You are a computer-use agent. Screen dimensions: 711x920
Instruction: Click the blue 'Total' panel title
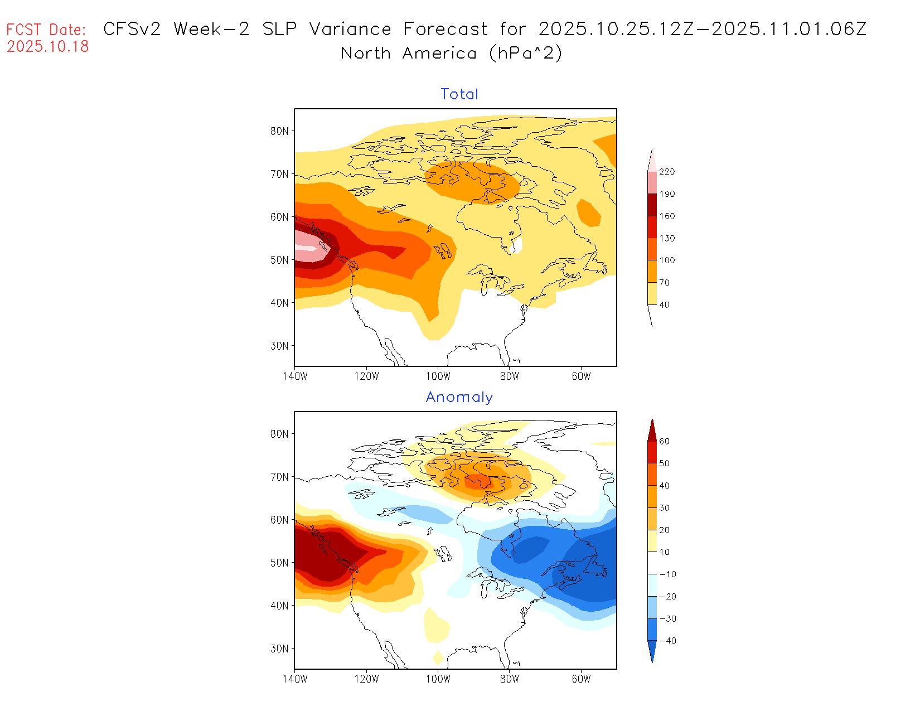pos(459,94)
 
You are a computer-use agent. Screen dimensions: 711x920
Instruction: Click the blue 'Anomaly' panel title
pos(459,397)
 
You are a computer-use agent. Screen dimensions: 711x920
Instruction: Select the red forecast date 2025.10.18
pos(48,47)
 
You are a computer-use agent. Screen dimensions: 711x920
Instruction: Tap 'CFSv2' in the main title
pos(132,29)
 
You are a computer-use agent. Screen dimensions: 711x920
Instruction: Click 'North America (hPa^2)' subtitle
pos(452,54)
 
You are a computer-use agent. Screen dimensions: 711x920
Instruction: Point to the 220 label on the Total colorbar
pos(667,172)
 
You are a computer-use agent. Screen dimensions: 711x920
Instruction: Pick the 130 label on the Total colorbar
pos(667,238)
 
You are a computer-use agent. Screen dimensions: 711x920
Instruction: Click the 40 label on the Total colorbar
pos(664,304)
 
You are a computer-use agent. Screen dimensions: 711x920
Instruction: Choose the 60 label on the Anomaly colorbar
pos(664,441)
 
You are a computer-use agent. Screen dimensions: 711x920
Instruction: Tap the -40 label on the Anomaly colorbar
pos(667,641)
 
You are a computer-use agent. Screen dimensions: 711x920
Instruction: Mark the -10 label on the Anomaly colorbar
pos(667,574)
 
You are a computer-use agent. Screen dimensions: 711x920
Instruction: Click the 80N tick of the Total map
pos(279,131)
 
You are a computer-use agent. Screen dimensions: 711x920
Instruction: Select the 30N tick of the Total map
pos(279,346)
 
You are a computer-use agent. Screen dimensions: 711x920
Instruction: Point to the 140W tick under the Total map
pos(295,376)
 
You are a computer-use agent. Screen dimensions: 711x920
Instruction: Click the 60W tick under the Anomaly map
pos(581,679)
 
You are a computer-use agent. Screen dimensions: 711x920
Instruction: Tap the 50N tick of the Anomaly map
pos(279,563)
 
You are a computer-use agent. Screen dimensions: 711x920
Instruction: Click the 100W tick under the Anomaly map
pos(438,679)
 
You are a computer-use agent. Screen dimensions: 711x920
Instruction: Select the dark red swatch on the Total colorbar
pos(652,205)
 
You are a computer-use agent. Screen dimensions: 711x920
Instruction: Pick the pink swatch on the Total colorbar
pos(652,182)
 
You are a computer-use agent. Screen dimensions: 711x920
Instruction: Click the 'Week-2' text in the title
pos(211,29)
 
